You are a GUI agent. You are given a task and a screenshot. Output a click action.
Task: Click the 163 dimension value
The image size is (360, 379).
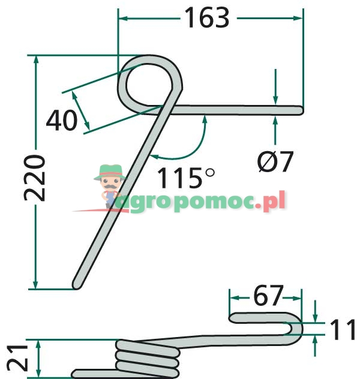207,17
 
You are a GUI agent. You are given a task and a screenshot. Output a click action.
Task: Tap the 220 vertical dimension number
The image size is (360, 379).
34,178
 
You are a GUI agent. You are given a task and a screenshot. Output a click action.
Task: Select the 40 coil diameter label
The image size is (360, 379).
62,121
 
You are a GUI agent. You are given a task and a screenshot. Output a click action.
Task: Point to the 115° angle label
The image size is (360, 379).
185,178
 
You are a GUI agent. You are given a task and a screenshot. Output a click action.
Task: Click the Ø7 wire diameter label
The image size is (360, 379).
275,161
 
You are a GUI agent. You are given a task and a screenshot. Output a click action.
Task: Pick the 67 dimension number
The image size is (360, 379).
268,295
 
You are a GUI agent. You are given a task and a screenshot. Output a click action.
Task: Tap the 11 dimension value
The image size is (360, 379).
343,329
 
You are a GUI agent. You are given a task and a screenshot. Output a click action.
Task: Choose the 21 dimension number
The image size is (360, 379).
17,358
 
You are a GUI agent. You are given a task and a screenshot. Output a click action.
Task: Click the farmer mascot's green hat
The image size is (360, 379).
110,172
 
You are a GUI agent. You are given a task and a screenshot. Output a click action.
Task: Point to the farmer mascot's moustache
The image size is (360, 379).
110,187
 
